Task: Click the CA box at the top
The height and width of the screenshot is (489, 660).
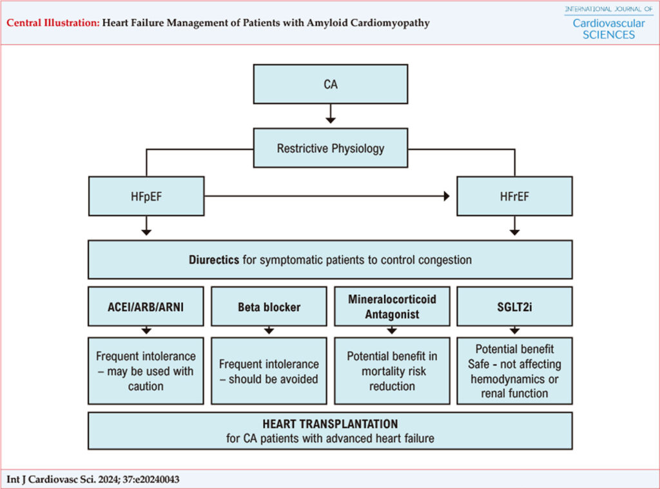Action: coord(331,85)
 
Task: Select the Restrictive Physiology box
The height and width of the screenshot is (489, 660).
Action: coord(331,148)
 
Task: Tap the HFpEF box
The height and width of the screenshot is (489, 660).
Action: coord(146,196)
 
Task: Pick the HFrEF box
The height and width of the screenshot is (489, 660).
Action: coord(514,196)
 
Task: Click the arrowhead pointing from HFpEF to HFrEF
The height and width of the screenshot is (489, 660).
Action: coord(447,196)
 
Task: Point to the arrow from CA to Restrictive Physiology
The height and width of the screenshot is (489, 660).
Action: coord(331,114)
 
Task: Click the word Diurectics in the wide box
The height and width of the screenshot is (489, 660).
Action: coord(214,260)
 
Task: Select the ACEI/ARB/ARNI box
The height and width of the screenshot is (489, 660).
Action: coord(146,306)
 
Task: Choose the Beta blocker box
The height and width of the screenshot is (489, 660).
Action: coord(269,306)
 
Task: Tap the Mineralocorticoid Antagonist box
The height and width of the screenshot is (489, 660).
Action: coord(392,306)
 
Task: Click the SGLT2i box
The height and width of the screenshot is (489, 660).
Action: coord(514,306)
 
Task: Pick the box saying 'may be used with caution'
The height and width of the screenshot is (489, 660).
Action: coord(146,371)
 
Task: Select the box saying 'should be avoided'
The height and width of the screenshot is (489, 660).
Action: coord(269,371)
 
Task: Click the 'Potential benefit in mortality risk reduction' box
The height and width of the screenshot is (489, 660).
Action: coord(392,371)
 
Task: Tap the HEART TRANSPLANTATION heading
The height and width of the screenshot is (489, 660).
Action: coord(330,424)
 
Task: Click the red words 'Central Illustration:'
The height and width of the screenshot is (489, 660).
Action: coord(53,23)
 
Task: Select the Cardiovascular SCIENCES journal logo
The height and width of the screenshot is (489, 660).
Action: coord(608,23)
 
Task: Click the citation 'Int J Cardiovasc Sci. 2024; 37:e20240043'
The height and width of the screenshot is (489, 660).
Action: coord(93,479)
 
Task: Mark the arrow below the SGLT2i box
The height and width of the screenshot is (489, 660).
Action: coord(514,330)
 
